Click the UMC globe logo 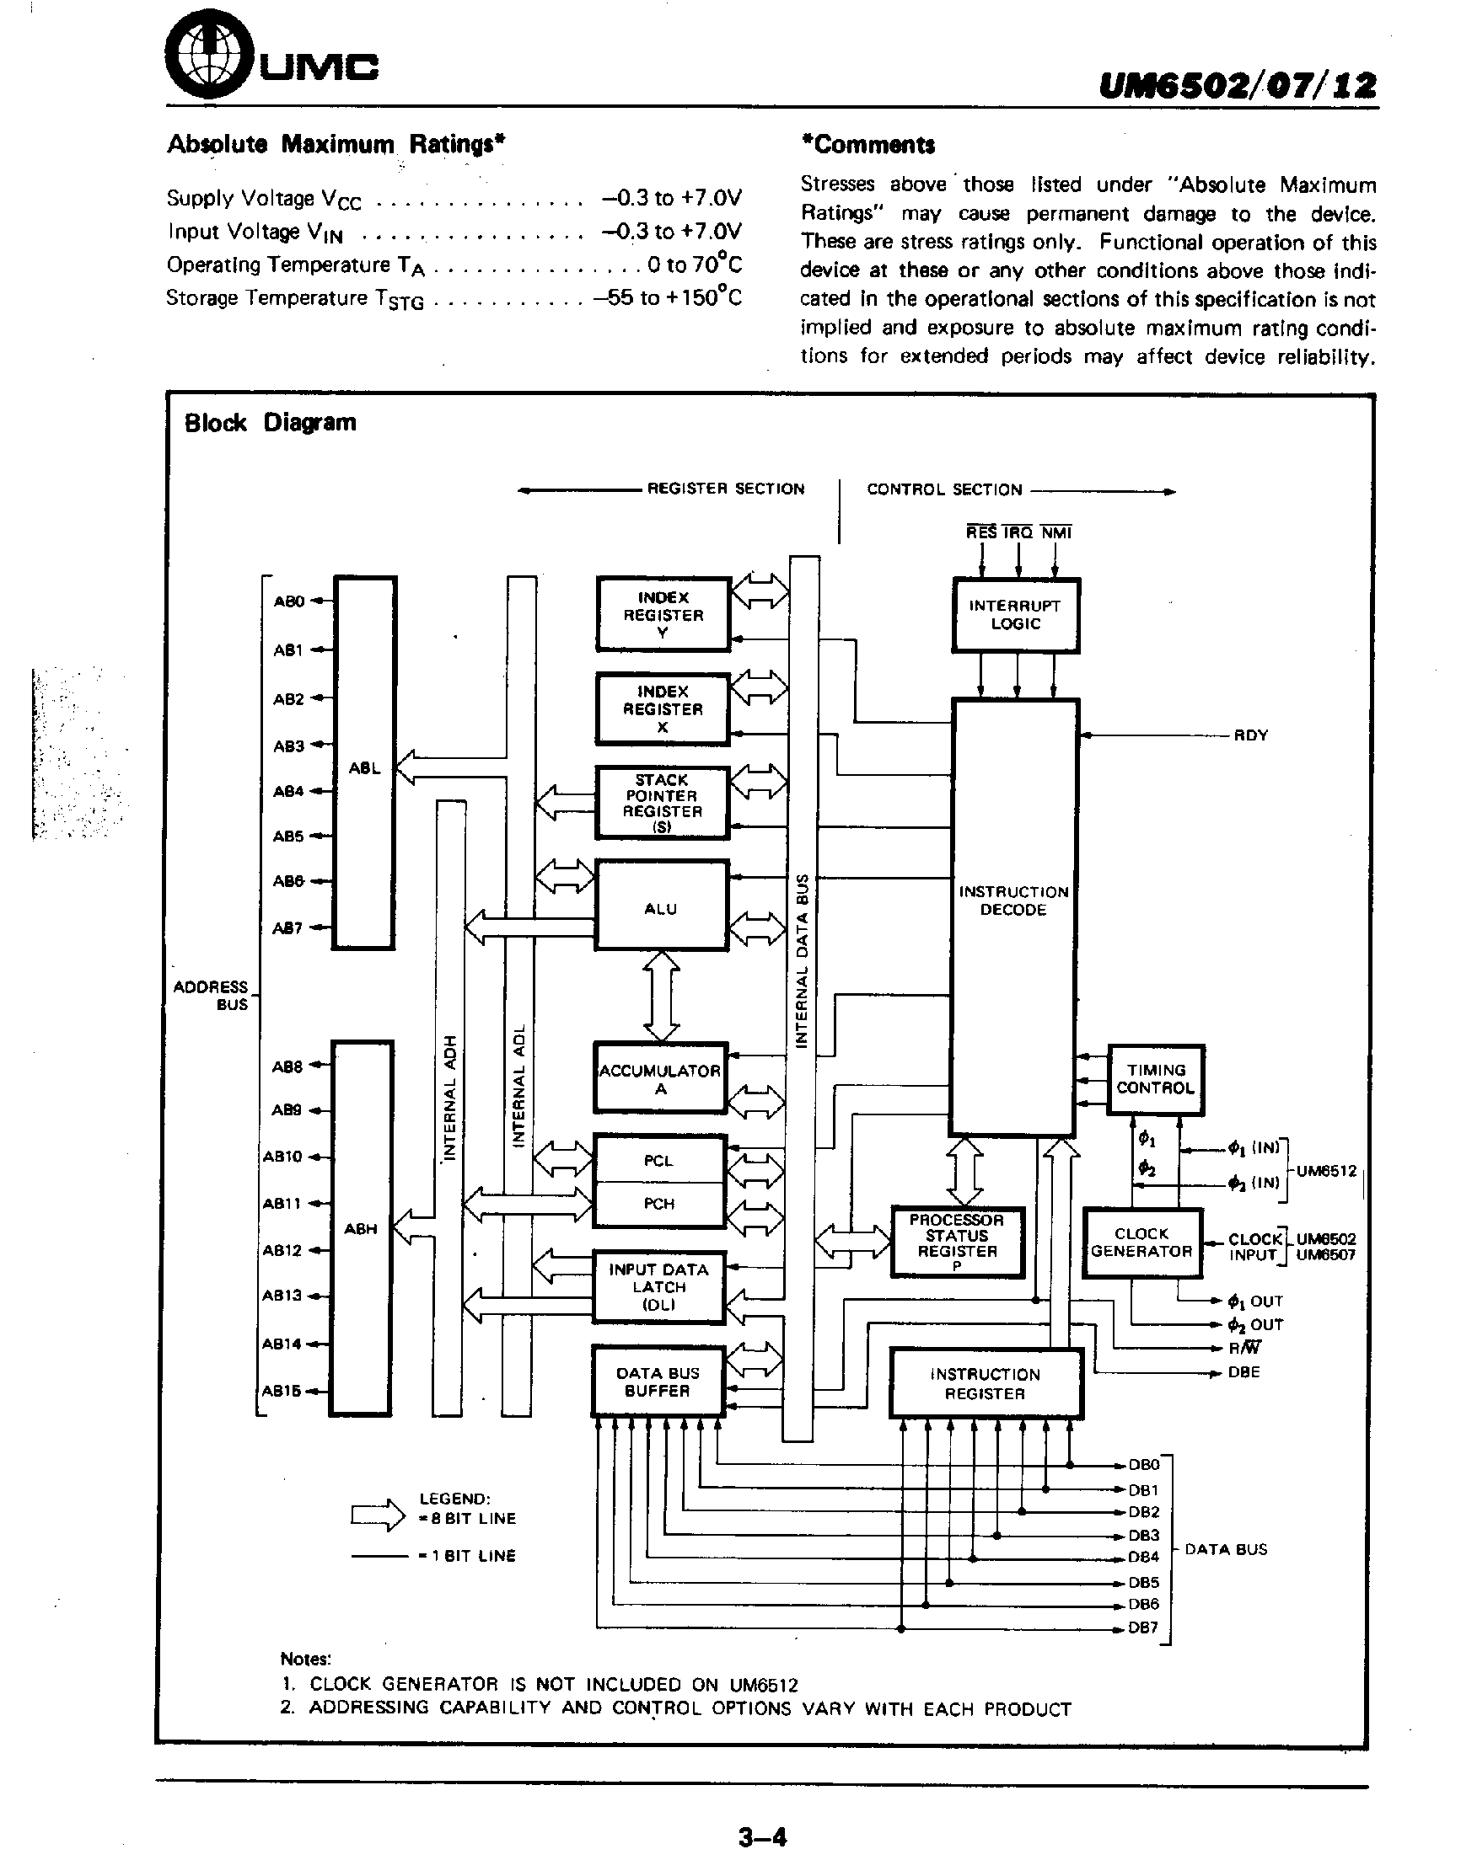coord(205,59)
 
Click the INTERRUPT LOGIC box coord(1015,615)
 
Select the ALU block coord(662,906)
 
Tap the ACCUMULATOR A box coord(660,1078)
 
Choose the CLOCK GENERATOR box coord(1141,1242)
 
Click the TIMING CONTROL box coord(1155,1079)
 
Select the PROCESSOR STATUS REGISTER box coord(957,1241)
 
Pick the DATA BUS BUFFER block coord(658,1382)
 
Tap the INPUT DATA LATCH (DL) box coord(659,1285)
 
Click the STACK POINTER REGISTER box coord(662,802)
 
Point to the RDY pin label coord(1250,735)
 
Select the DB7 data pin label coord(1143,1627)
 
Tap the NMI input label coord(1056,532)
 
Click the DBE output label coord(1243,1372)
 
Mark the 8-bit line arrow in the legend coord(379,1515)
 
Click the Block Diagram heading coord(270,423)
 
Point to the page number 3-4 coord(762,1837)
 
